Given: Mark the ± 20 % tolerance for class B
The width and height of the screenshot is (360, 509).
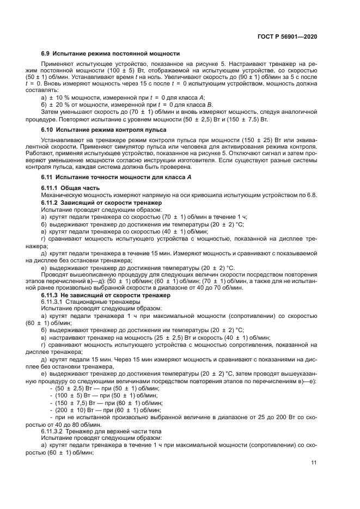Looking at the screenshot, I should (x=57, y=104).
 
